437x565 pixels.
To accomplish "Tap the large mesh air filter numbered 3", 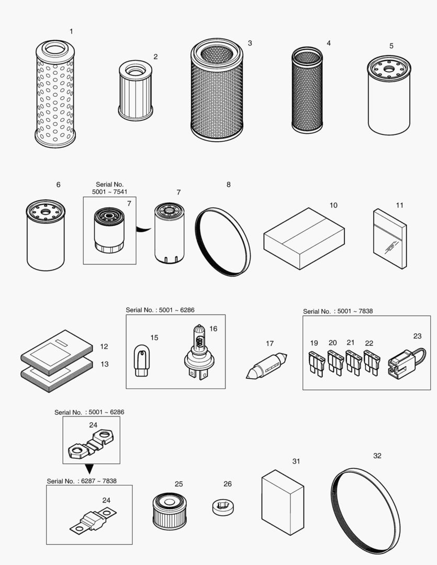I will click(x=217, y=92).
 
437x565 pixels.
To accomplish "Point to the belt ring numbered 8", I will click(x=223, y=241).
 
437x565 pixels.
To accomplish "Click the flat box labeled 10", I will click(x=304, y=238).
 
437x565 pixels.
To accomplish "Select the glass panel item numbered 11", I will click(x=390, y=239).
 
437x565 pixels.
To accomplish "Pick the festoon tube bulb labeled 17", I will click(x=267, y=366).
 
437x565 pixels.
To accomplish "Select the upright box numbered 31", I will click(x=283, y=502).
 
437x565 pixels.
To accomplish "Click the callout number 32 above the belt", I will click(x=377, y=456).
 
